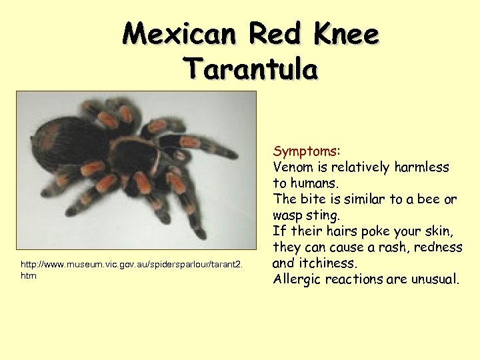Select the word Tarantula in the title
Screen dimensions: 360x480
point(251,67)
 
